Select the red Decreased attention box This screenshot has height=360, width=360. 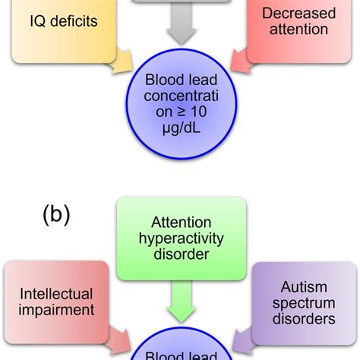point(295,27)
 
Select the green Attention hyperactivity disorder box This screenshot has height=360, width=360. point(180,235)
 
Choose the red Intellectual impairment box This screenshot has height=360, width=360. point(56,302)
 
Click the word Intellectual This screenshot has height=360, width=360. point(56,293)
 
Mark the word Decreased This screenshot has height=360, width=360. point(295,13)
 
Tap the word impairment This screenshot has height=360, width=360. point(56,310)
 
